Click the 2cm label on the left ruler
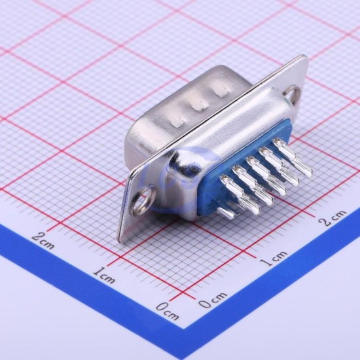point(43,241)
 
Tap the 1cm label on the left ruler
point(105,275)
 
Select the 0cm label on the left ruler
point(168,312)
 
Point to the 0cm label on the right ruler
point(213,300)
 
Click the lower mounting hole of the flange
point(141,202)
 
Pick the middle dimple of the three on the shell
point(199,107)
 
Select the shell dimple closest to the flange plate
point(222,92)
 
